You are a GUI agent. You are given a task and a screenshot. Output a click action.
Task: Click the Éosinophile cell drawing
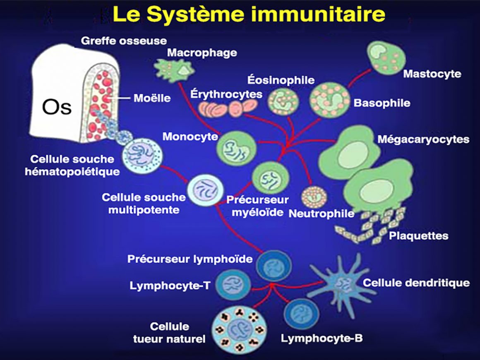(x=283, y=101)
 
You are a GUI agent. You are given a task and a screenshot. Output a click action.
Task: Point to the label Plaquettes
(x=418, y=236)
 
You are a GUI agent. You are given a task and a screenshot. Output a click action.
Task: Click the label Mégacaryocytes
(x=423, y=139)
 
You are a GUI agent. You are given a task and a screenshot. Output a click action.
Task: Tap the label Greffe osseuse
(x=124, y=41)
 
